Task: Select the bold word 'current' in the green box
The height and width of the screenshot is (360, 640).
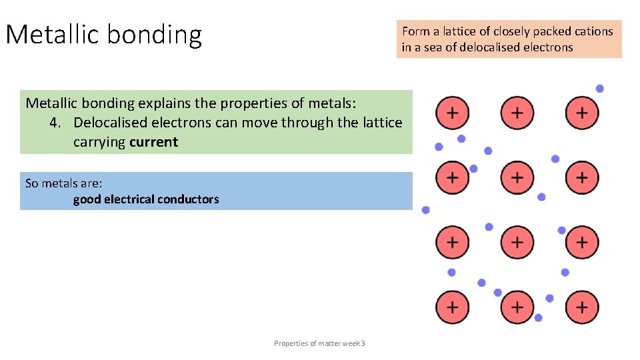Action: tap(154, 142)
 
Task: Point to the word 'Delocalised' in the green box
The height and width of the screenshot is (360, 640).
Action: tap(111, 123)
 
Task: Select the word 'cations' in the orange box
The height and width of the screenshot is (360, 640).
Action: tap(592, 31)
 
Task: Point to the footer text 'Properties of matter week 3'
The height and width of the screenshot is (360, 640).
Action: tap(319, 343)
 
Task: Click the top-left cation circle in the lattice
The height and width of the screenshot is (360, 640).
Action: tap(452, 113)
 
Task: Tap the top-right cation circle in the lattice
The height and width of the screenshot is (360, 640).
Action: tap(582, 113)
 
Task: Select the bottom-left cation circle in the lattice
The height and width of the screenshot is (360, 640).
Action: tap(452, 307)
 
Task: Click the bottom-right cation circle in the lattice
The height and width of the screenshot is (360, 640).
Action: tap(582, 307)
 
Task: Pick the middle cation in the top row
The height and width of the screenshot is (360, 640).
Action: tap(517, 113)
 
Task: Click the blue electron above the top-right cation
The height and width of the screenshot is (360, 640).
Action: tap(600, 89)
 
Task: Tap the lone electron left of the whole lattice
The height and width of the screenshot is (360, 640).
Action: tap(426, 210)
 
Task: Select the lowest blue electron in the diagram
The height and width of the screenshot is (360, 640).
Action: tap(539, 318)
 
